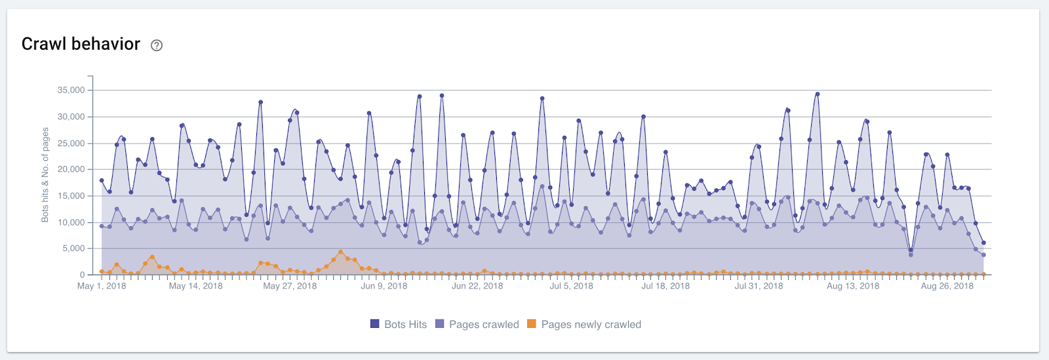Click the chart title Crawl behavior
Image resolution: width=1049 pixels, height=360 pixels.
(x=81, y=44)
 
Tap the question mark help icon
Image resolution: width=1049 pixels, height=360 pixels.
(x=157, y=45)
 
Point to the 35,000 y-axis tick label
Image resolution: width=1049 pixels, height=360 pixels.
(x=71, y=90)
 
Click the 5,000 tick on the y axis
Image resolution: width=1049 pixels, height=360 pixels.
(x=73, y=249)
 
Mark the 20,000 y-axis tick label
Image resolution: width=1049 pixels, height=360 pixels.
(x=71, y=169)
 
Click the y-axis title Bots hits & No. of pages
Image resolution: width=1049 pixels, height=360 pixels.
(x=45, y=175)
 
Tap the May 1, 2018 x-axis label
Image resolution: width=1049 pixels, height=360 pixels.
(x=102, y=286)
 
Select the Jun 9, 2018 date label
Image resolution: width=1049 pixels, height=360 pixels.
(x=384, y=286)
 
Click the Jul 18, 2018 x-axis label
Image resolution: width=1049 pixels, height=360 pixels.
(x=665, y=286)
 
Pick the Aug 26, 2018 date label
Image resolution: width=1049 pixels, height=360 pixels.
(x=947, y=286)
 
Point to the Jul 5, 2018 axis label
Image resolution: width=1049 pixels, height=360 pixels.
(x=571, y=286)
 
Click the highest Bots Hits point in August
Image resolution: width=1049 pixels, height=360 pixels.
(x=817, y=94)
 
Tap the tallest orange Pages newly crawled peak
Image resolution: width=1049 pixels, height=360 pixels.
(x=340, y=252)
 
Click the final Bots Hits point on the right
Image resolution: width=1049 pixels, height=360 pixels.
(x=983, y=243)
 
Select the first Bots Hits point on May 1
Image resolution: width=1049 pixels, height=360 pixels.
(x=102, y=180)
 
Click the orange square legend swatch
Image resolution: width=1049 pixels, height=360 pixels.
(x=532, y=324)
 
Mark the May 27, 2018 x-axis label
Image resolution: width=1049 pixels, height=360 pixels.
(x=290, y=286)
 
